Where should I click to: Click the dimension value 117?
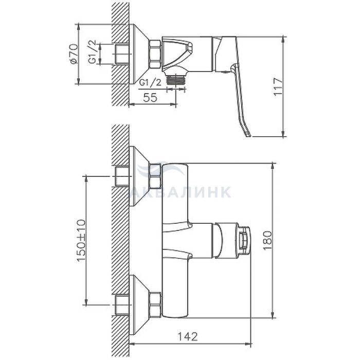click(x=278, y=87)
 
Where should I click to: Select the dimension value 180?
click(x=268, y=241)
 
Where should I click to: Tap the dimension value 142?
click(x=188, y=337)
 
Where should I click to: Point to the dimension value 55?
click(x=150, y=97)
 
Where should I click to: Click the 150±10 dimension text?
click(x=81, y=240)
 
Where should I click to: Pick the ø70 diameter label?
click(x=74, y=55)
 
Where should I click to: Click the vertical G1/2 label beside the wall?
click(x=92, y=52)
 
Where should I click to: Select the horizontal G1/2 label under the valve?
click(x=151, y=82)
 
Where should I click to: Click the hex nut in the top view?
click(x=155, y=54)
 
